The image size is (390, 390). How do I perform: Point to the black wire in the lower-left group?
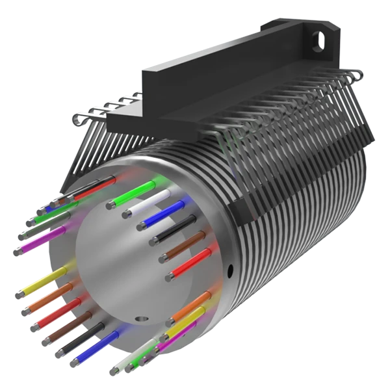(81, 337)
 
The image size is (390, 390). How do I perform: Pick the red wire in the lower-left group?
(62, 311)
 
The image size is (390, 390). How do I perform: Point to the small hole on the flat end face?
(139, 319)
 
